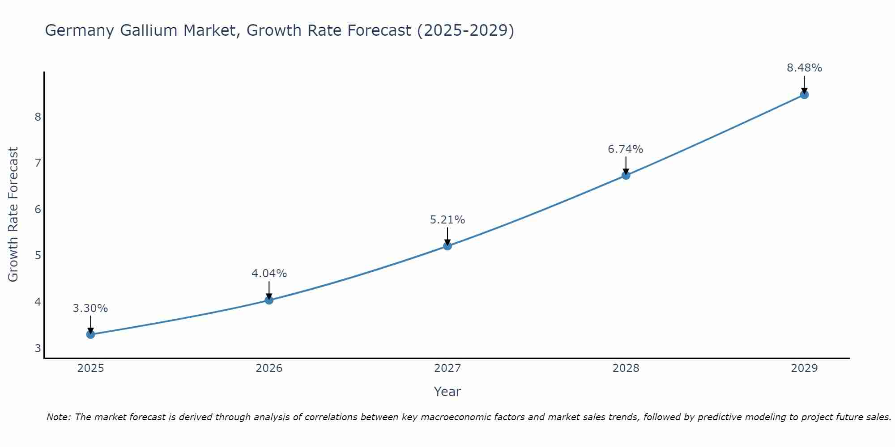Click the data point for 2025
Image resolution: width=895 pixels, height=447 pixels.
pyautogui.click(x=90, y=334)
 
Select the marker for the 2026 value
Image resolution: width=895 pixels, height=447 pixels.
pyautogui.click(x=269, y=300)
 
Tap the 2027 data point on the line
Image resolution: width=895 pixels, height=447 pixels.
pyautogui.click(x=447, y=246)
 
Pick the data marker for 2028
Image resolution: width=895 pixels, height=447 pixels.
pyautogui.click(x=626, y=175)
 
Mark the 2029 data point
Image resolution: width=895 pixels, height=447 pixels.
pyautogui.click(x=804, y=95)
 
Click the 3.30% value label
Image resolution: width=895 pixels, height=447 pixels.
pyautogui.click(x=90, y=308)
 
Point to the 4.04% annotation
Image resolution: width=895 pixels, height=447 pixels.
pyautogui.click(x=269, y=273)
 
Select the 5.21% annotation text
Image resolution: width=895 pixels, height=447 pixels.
pyautogui.click(x=447, y=220)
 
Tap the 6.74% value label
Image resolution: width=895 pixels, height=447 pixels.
pyautogui.click(x=626, y=149)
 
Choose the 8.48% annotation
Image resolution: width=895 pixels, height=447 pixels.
pyautogui.click(x=804, y=68)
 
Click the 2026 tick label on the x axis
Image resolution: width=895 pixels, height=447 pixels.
pyautogui.click(x=269, y=368)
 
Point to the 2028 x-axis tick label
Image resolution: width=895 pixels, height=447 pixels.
pyautogui.click(x=626, y=368)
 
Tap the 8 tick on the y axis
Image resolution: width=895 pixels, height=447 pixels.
pyautogui.click(x=38, y=117)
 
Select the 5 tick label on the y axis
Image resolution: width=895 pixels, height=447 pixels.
pyautogui.click(x=38, y=256)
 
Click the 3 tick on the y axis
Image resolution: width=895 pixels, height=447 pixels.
pyautogui.click(x=38, y=348)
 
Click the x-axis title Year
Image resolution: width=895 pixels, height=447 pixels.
pyautogui.click(x=447, y=392)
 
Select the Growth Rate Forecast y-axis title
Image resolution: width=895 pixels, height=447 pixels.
pyautogui.click(x=13, y=215)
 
